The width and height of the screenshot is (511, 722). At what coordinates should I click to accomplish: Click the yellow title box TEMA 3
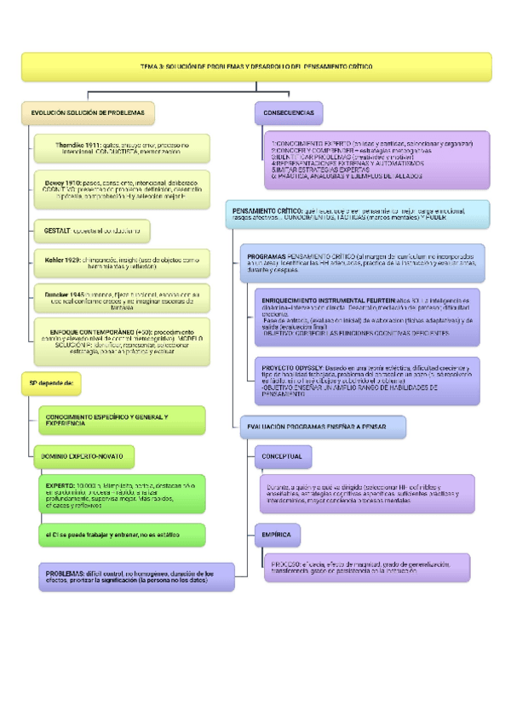pyautogui.click(x=256, y=66)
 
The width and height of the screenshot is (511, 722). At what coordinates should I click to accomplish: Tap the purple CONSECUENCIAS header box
pyautogui.click(x=289, y=113)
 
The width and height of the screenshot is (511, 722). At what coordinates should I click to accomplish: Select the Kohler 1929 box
pyautogui.click(x=122, y=261)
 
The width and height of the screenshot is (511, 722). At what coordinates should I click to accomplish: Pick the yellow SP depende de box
pyautogui.click(x=53, y=383)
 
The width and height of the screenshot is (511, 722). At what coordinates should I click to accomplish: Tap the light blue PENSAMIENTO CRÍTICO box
pyautogui.click(x=357, y=215)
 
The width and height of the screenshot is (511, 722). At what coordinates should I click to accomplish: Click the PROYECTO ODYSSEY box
pyautogui.click(x=367, y=375)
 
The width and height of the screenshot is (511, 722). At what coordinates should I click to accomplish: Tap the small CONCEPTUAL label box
pyautogui.click(x=281, y=457)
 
